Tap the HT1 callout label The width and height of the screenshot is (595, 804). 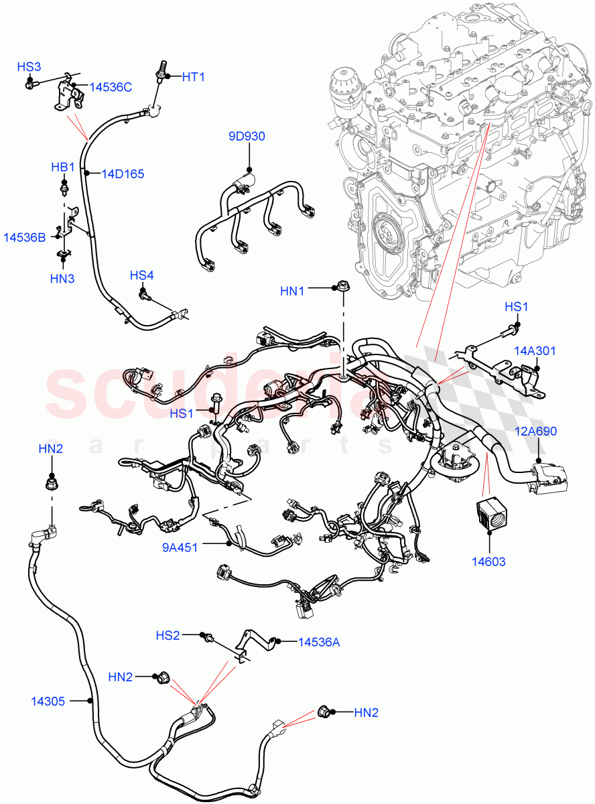pos(194,77)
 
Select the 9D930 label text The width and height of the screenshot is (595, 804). pos(247,137)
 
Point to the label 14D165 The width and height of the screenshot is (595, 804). pos(123,174)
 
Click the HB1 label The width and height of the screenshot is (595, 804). pos(63,166)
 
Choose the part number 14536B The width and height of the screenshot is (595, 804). pos(24,237)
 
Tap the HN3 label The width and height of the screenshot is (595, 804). pos(63,278)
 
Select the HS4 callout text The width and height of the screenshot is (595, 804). pos(142,275)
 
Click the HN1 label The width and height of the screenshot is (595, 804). pos(293,290)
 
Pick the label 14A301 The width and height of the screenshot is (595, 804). pos(535,350)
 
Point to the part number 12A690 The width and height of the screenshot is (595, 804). pos(535,431)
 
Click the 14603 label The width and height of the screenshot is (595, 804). pos(490,561)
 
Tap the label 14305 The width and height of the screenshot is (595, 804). pos(48,701)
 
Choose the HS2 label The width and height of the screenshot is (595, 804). pos(168,634)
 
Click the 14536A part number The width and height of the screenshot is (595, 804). pos(318,642)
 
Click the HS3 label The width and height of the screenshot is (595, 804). pos(29,67)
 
